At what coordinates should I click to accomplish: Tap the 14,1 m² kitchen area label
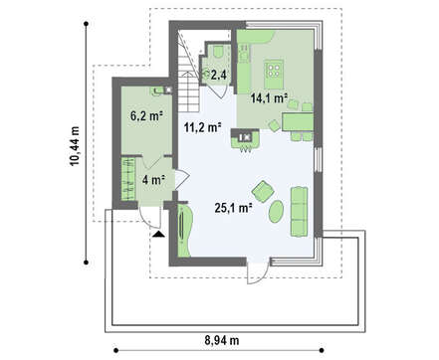[269, 97]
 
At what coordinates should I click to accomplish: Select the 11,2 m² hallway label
[203, 127]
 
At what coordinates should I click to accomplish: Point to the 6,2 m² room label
[146, 115]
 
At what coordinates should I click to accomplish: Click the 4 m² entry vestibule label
[153, 180]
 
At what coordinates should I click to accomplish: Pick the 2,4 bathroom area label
[219, 76]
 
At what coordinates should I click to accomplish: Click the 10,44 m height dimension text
[75, 146]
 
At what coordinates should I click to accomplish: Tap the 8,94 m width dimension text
[222, 340]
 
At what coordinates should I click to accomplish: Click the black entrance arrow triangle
[159, 235]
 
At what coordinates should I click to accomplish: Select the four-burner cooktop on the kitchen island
[274, 71]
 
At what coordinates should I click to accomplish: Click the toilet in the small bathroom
[218, 52]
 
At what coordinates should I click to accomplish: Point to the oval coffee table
[276, 211]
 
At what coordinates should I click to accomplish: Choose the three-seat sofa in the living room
[299, 212]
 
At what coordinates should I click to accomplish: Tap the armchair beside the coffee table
[263, 191]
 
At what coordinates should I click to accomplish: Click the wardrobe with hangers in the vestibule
[128, 179]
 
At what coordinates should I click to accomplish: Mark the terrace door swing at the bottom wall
[258, 270]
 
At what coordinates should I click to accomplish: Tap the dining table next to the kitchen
[298, 121]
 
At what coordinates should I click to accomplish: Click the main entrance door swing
[150, 217]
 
